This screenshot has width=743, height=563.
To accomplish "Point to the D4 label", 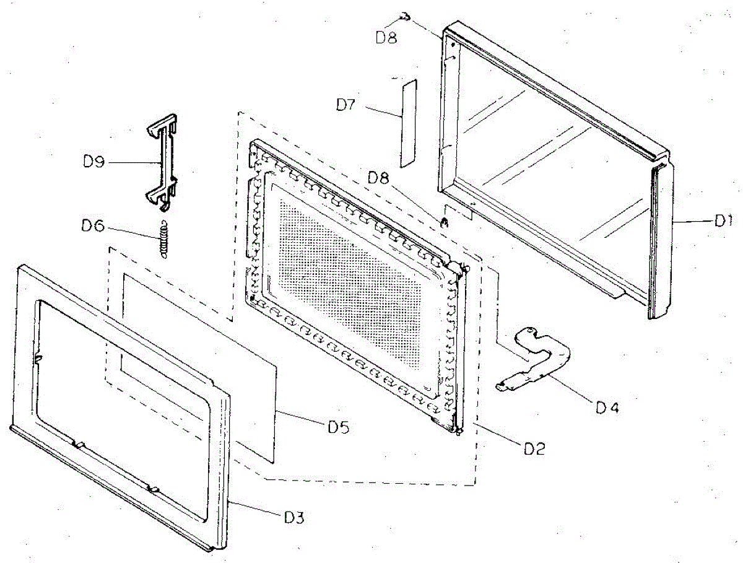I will (x=608, y=408).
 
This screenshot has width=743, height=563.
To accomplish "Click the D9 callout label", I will (x=95, y=162).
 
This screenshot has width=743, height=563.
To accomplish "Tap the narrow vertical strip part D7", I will (x=407, y=123).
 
